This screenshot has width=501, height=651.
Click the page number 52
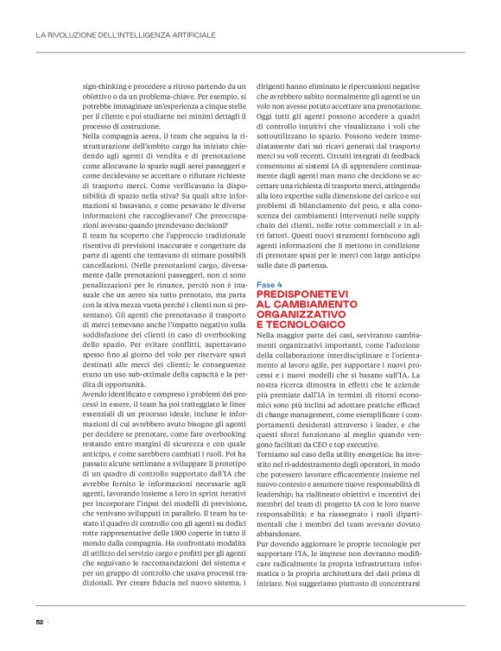tap(40, 620)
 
